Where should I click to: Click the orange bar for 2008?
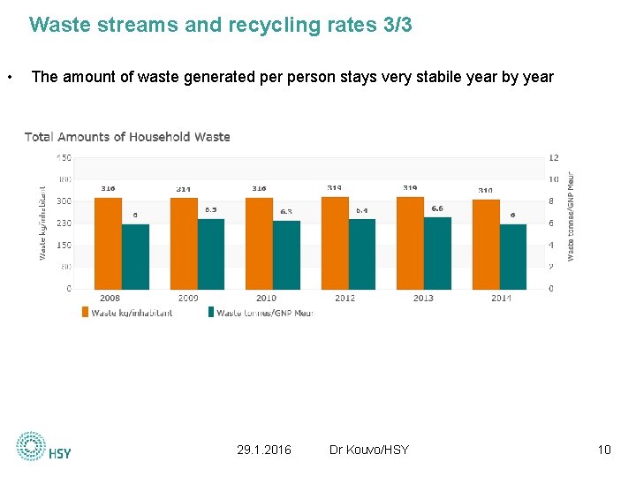pos(108,243)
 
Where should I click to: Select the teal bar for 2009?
pos(211,254)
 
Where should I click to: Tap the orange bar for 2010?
pos(259,243)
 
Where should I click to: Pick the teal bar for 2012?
pos(362,254)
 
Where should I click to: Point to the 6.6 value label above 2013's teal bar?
pos(437,208)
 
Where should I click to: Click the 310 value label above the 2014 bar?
pos(486,190)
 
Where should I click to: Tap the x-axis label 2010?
pos(267,298)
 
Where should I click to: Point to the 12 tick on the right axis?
pos(553,157)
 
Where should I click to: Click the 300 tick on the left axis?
pos(64,201)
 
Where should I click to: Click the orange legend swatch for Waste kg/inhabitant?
pos(86,312)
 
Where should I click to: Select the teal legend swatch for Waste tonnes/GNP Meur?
pos(210,312)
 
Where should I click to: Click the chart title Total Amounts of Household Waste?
pos(127,137)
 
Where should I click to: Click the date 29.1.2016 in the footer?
pos(264,450)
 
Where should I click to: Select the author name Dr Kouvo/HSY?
pos(368,450)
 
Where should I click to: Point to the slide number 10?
pos(604,450)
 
